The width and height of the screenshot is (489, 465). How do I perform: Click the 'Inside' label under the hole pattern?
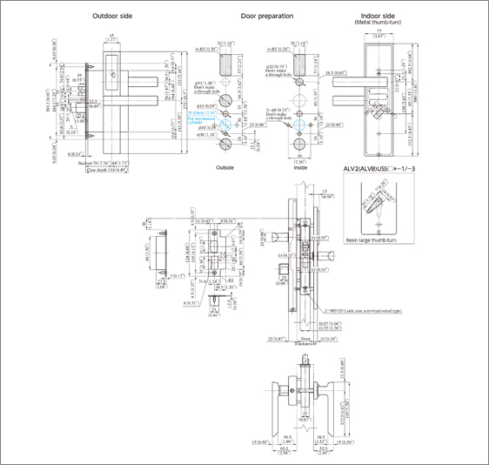tap(300, 168)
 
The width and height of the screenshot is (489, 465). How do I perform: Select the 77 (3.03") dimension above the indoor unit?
tap(375, 36)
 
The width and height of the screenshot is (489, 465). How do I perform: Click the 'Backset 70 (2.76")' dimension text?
tap(91, 163)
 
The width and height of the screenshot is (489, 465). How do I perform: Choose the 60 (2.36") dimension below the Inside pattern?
tap(300, 159)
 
